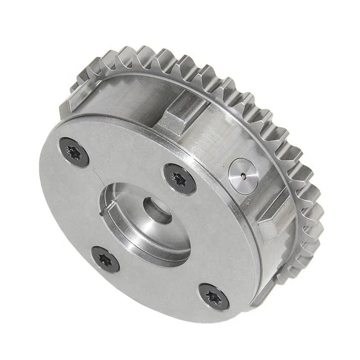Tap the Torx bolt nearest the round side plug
point(180,176)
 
